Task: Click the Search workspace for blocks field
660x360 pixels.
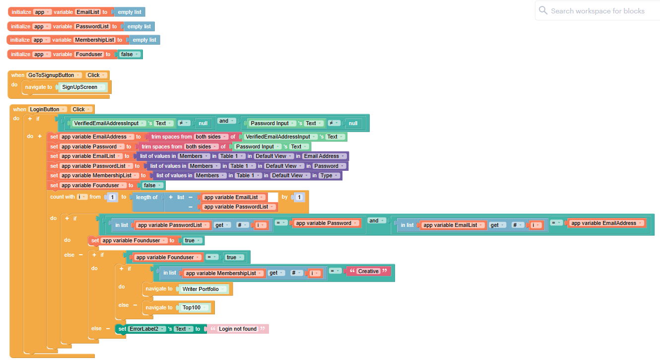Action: pyautogui.click(x=597, y=11)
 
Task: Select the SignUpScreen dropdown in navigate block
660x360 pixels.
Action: pyautogui.click(x=82, y=87)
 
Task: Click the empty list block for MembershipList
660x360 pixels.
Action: pyautogui.click(x=144, y=40)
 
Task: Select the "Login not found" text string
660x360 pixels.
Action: pyautogui.click(x=238, y=329)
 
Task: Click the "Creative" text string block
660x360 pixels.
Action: pyautogui.click(x=368, y=271)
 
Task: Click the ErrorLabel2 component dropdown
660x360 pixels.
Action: pyautogui.click(x=146, y=329)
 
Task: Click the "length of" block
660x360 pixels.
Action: pyautogui.click(x=147, y=197)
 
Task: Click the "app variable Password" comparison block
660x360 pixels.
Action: pyautogui.click(x=327, y=223)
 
